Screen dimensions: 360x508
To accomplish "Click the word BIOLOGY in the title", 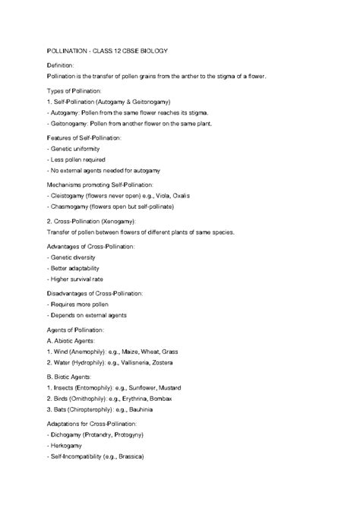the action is pyautogui.click(x=152, y=50).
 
